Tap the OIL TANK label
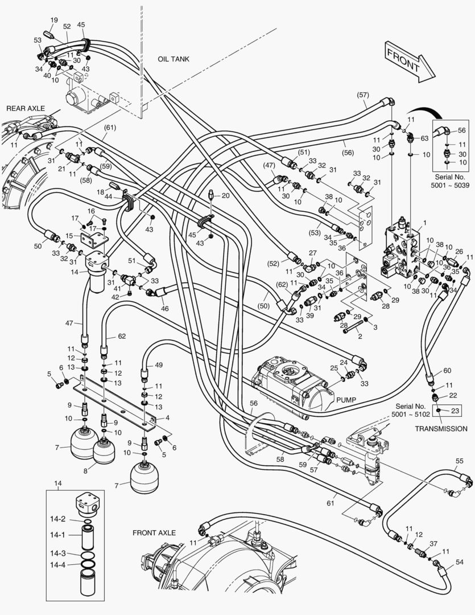tap(174, 59)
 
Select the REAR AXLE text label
tap(25, 108)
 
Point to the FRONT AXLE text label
tap(154, 533)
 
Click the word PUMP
tap(346, 400)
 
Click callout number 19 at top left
tap(54, 20)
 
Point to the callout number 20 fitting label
tap(225, 195)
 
